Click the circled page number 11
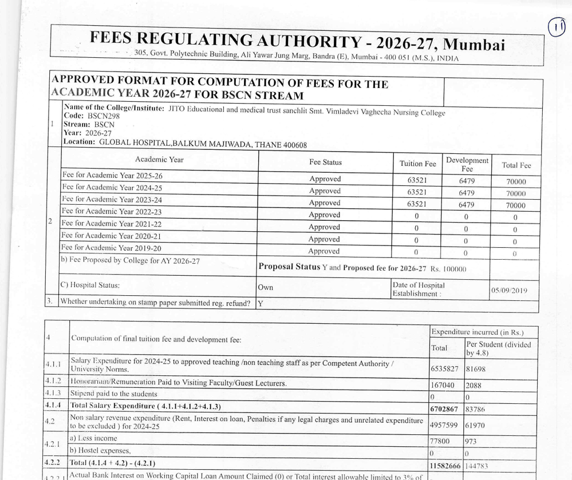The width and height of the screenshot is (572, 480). tap(557, 27)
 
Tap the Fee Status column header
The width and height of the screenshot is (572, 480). tap(325, 162)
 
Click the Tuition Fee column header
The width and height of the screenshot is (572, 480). tap(417, 164)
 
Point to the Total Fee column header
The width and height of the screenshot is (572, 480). tap(516, 165)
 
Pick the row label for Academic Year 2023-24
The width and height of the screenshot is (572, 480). tap(112, 200)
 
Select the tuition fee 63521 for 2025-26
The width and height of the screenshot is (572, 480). tap(417, 180)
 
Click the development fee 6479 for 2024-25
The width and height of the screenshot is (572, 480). tap(467, 193)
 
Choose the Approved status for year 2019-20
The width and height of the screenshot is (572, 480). tap(324, 251)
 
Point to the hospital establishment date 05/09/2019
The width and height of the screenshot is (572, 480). tap(509, 291)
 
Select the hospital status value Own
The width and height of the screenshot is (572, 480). tap(266, 287)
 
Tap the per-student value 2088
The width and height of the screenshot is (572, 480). tap(474, 386)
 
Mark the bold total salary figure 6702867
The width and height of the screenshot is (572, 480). tap(444, 408)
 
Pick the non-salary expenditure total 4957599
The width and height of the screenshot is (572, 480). tap(444, 425)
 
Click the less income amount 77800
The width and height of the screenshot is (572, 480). tap(440, 442)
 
